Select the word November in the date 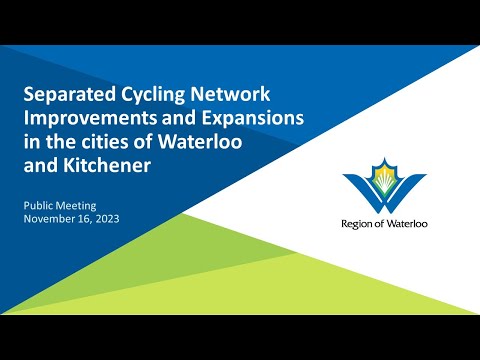point(51,217)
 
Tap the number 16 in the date point(88,217)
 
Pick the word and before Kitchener point(42,165)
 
